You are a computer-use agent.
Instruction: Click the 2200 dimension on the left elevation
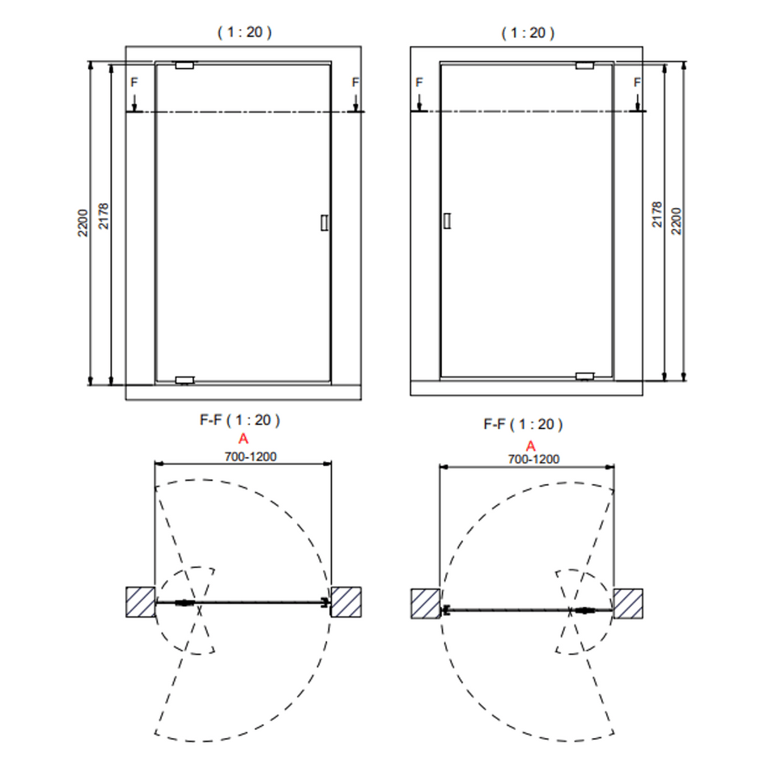coord(83,223)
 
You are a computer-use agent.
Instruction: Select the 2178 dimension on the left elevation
coord(104,216)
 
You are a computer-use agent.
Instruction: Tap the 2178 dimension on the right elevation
coord(656,214)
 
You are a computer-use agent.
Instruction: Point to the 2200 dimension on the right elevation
coord(676,221)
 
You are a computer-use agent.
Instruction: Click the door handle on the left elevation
coord(325,223)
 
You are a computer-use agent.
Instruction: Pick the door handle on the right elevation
coord(447,221)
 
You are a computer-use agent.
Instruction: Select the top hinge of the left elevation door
coord(185,66)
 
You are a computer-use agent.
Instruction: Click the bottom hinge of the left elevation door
coord(185,380)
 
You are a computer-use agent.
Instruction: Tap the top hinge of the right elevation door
coord(584,66)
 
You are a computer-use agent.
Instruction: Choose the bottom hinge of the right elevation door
coord(584,376)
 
